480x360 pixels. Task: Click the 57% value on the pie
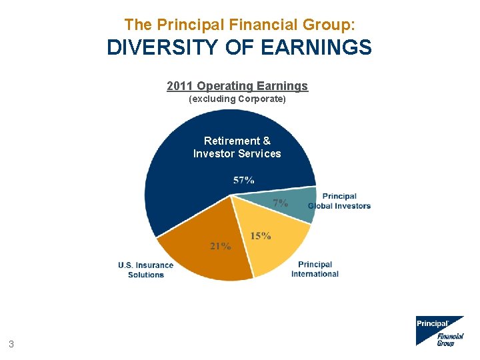click(243, 180)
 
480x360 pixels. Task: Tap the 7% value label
click(281, 203)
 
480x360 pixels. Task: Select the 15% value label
click(261, 236)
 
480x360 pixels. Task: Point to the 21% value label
click(221, 246)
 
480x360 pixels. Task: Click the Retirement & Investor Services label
click(237, 147)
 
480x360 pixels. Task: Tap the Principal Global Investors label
click(339, 201)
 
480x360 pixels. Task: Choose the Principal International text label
click(315, 269)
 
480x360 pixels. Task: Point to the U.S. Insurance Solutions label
click(145, 270)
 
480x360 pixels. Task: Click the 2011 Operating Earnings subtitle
click(237, 86)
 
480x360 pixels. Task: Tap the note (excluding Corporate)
click(237, 99)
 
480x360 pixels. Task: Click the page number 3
click(11, 345)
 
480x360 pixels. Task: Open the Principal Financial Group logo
click(439, 331)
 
